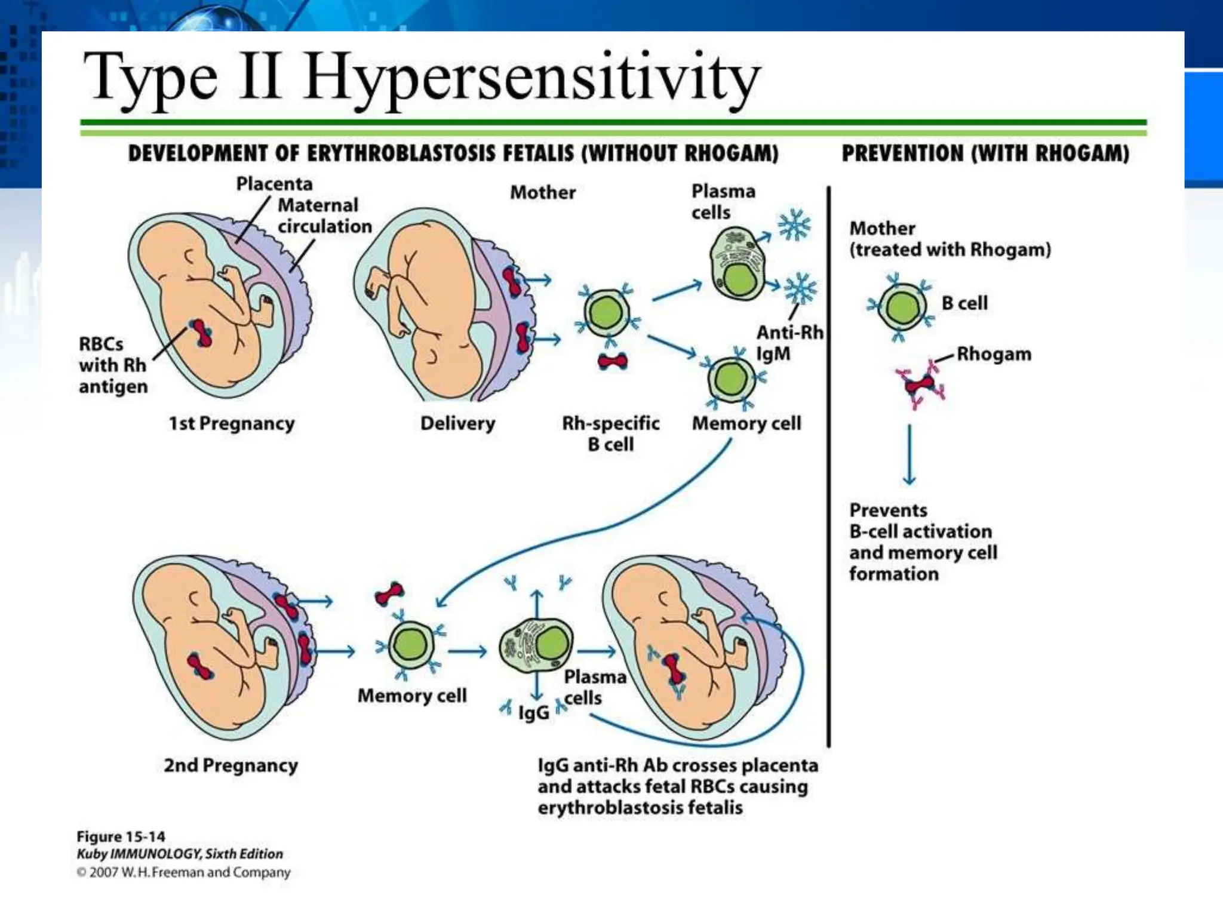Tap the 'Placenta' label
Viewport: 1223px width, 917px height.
274,183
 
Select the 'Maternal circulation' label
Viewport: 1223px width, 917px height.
324,216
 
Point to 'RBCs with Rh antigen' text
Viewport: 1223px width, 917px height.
113,365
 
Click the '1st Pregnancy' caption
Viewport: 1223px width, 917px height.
232,423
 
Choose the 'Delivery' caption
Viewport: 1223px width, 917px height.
457,423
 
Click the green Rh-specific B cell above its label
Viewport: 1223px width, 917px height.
607,313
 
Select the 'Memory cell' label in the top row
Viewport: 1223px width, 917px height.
746,423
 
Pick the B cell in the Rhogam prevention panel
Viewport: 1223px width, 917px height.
902,307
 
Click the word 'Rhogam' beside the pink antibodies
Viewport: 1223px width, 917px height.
994,354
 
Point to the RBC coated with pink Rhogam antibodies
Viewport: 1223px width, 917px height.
920,385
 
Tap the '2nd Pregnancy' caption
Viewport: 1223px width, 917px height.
231,765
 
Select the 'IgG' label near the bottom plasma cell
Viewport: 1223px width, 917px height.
533,712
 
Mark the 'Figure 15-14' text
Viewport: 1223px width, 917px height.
121,836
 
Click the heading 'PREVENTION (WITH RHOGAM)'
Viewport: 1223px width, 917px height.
985,154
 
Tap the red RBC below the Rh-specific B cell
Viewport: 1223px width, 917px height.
612,361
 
